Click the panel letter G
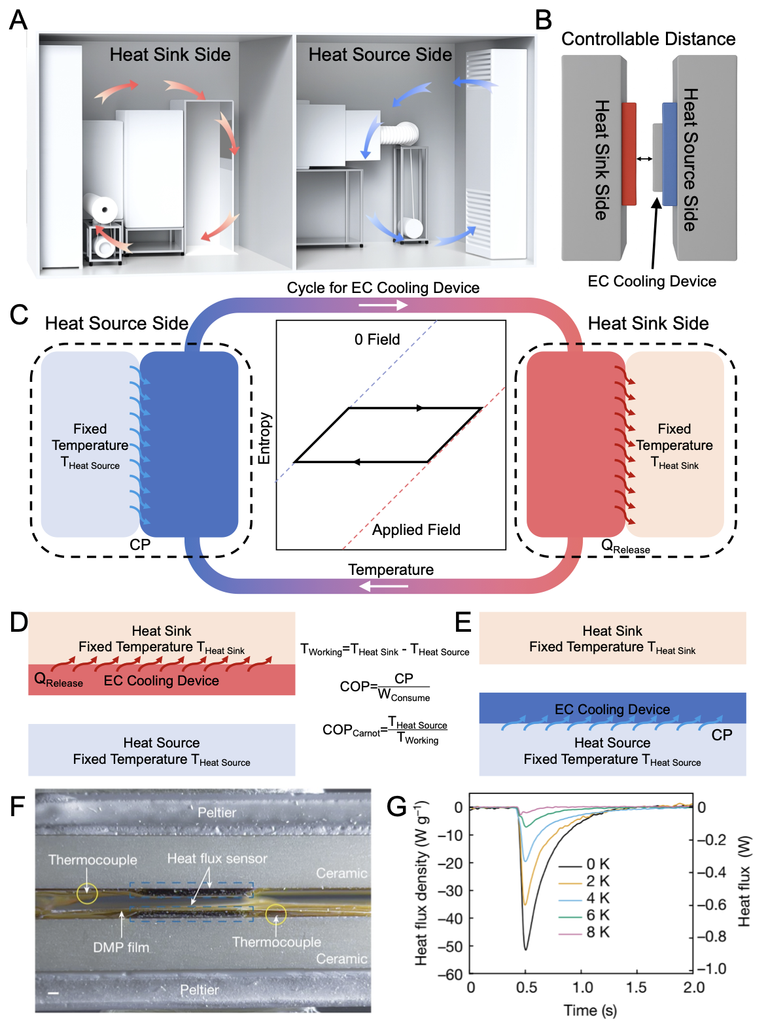click(396, 806)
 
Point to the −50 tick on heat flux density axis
click(450, 946)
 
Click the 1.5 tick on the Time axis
click(636, 988)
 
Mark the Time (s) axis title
click(590, 1010)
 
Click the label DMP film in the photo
click(121, 947)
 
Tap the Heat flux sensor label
click(217, 859)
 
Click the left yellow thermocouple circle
click(87, 893)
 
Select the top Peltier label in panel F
click(217, 812)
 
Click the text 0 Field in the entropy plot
click(377, 339)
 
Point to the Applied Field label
click(416, 530)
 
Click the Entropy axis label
click(264, 438)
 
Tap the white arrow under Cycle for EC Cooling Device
click(383, 305)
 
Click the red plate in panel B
click(629, 154)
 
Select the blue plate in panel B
click(669, 154)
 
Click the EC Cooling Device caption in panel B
click(652, 281)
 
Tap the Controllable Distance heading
click(648, 39)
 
